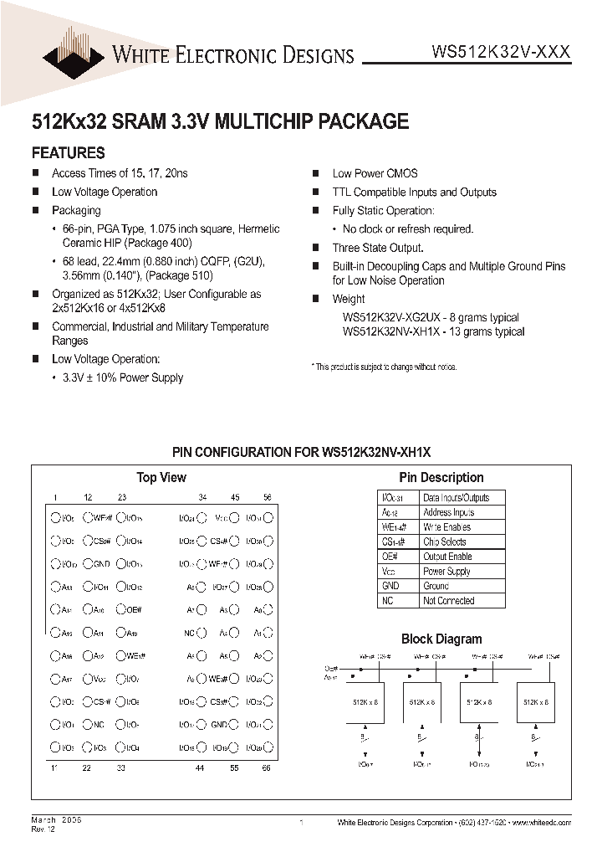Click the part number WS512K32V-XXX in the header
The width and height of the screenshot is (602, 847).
tap(501, 52)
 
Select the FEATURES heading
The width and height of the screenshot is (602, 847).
tap(68, 152)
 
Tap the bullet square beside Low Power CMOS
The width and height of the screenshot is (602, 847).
tap(316, 174)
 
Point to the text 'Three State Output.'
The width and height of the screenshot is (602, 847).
tap(377, 248)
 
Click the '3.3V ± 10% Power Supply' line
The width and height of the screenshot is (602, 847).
tap(122, 377)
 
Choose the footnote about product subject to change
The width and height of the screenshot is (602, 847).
tap(384, 367)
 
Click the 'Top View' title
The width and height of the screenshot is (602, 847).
tap(161, 477)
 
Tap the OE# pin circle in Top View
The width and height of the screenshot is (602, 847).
tap(122, 609)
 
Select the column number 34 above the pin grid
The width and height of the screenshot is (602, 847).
tap(203, 497)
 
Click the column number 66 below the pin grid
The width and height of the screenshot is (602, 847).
tap(268, 767)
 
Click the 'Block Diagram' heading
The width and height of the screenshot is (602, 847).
tap(441, 639)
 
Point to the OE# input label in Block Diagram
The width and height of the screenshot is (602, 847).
tap(329, 669)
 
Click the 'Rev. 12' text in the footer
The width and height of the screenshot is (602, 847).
tap(44, 829)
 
